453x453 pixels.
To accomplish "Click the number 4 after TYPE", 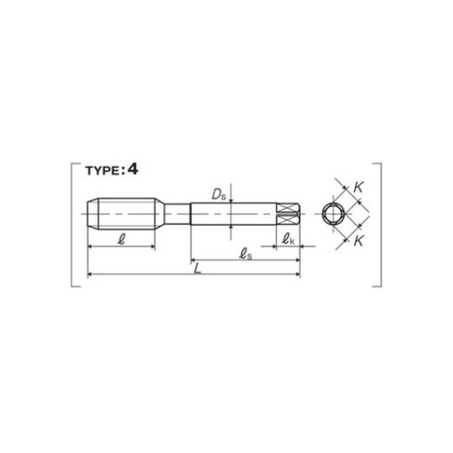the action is click(x=132, y=169).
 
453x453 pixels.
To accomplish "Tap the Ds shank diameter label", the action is click(x=219, y=195).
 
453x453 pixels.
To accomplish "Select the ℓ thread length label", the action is click(x=121, y=240).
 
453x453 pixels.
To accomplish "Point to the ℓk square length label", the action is click(x=288, y=240).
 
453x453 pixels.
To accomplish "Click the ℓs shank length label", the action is click(x=246, y=255).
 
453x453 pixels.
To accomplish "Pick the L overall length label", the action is click(x=198, y=268).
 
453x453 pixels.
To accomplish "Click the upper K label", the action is click(x=358, y=188).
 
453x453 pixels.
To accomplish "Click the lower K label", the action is click(x=358, y=241).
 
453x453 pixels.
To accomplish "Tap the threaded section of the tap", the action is click(x=127, y=214).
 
